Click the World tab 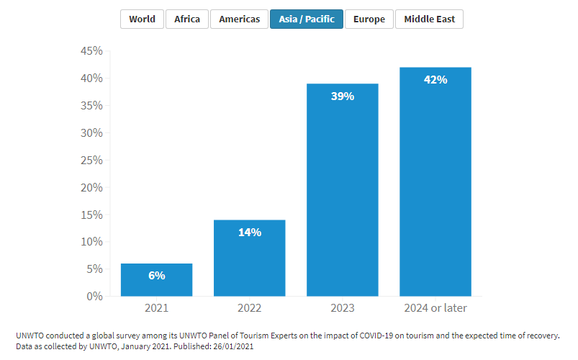tap(142, 19)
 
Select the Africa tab tap(187, 19)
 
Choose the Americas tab tap(240, 19)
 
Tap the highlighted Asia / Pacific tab tap(307, 19)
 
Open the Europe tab tap(369, 19)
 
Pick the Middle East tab tap(429, 19)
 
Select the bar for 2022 tap(250, 259)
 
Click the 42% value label tap(435, 80)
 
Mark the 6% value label tap(156, 276)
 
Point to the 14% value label tap(250, 233)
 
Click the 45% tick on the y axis tap(91, 51)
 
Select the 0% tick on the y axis tap(94, 297)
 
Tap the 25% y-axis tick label tap(91, 161)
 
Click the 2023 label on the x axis tap(343, 308)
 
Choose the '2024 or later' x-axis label tap(435, 308)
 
